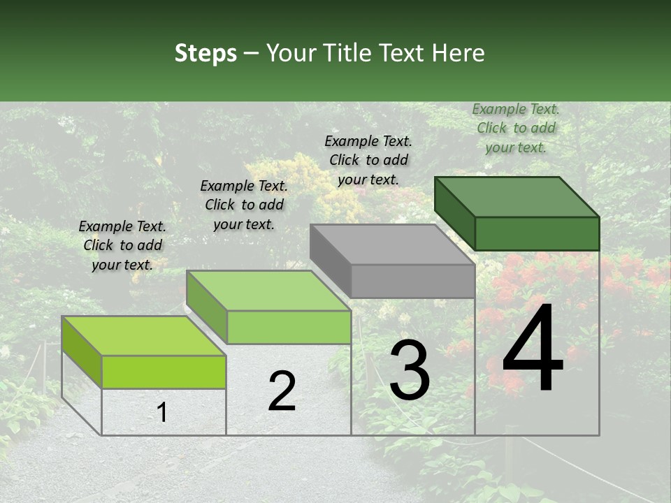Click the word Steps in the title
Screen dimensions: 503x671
205,53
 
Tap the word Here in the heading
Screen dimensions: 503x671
458,53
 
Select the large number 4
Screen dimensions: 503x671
533,349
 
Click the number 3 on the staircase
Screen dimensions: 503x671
410,370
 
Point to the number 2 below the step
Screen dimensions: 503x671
282,391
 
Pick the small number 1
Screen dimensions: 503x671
161,412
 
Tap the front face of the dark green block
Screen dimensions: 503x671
537,233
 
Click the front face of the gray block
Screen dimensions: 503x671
412,281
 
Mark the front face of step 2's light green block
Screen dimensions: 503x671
289,327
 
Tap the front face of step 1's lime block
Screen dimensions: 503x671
164,372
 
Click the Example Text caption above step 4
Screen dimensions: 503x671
516,128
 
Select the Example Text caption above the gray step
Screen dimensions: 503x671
368,160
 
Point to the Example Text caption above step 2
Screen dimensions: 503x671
244,205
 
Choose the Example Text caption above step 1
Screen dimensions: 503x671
122,245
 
